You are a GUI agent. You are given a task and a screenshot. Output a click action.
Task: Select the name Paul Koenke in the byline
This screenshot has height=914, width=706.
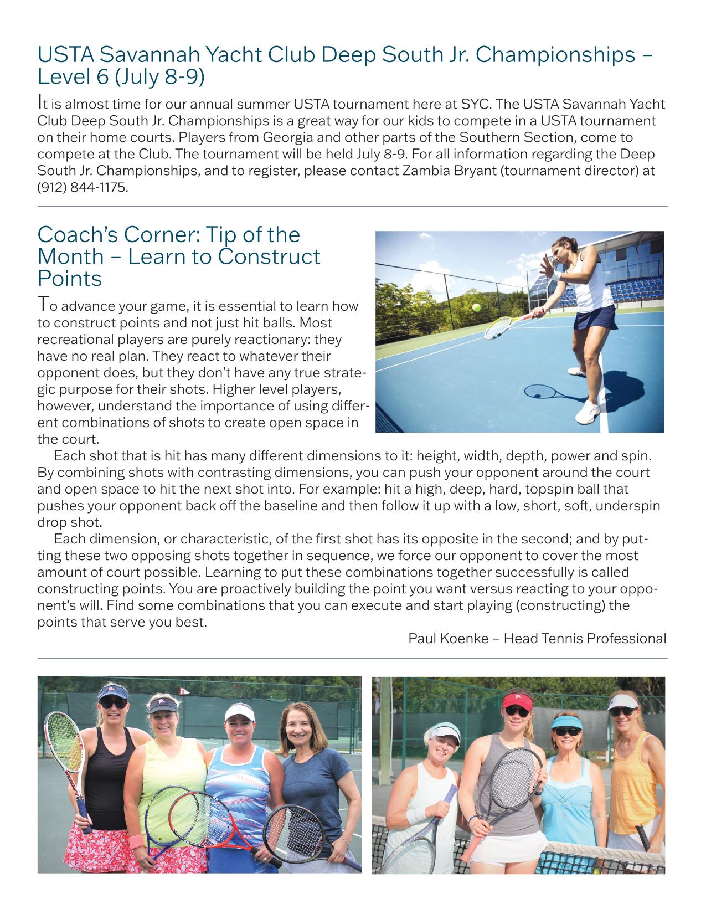pyautogui.click(x=448, y=639)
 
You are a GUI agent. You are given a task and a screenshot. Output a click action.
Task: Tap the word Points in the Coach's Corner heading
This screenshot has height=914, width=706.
pyautogui.click(x=70, y=278)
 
